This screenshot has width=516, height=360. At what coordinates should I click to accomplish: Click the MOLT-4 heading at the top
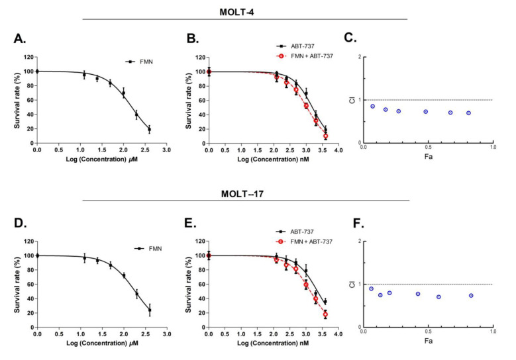tap(245, 11)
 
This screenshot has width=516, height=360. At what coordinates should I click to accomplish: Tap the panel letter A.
tap(20, 38)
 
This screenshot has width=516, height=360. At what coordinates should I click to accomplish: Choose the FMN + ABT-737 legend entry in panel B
tap(311, 56)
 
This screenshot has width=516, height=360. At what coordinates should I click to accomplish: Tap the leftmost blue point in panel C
tap(373, 106)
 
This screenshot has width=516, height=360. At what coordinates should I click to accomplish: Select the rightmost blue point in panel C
tap(468, 113)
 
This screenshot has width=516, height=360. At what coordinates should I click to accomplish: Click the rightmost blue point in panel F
tap(471, 296)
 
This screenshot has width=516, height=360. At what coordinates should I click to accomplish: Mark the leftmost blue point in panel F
tap(372, 289)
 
